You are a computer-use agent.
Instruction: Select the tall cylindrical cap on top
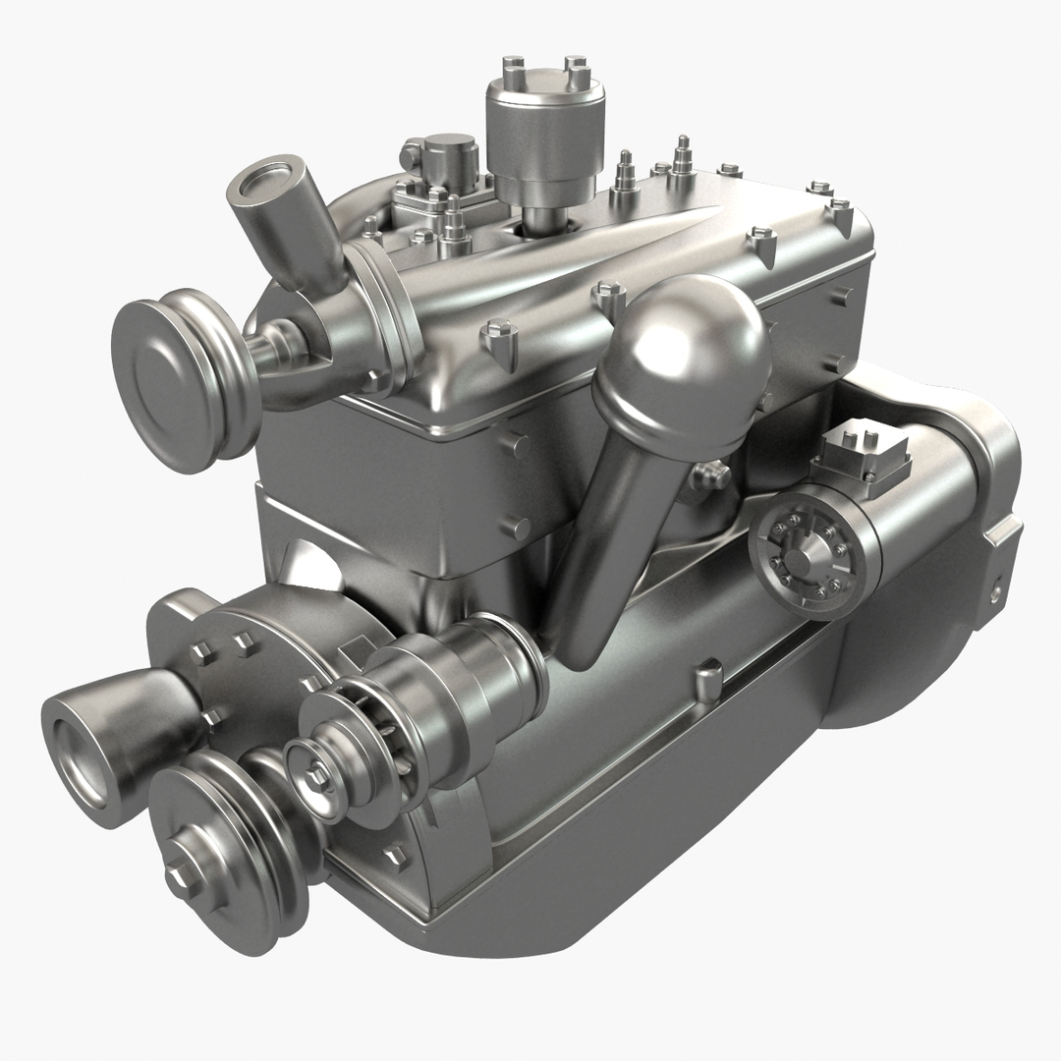pyautogui.click(x=544, y=128)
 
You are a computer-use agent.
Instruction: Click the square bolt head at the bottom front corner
pyautogui.click(x=395, y=857)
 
